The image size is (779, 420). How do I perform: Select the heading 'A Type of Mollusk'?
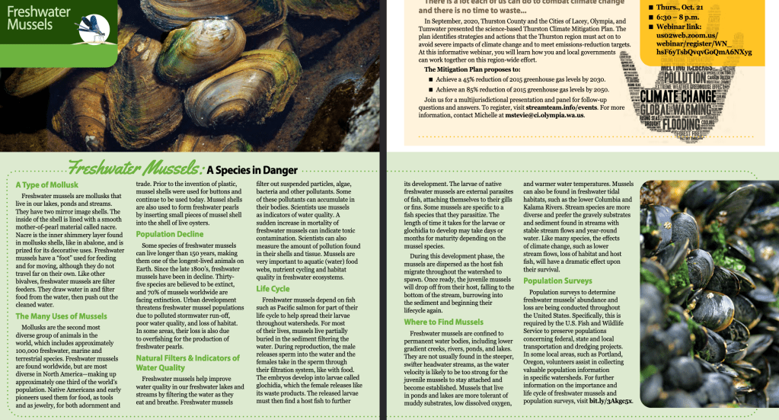click(46, 184)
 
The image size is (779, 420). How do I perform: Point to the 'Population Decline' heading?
click(170, 234)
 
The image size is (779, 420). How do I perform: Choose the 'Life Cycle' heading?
click(273, 289)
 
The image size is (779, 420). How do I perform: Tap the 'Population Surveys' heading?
click(557, 281)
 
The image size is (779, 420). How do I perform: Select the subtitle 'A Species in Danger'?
click(251, 170)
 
